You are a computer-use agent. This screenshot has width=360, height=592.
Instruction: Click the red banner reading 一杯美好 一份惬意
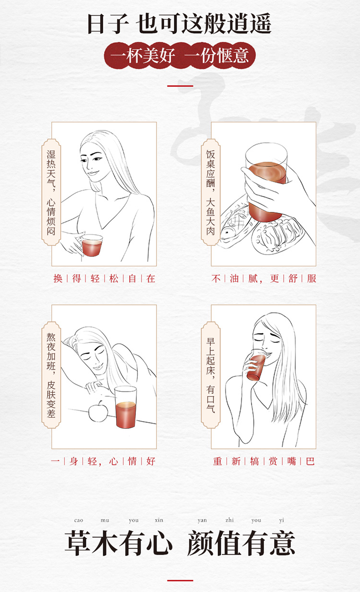click(x=180, y=56)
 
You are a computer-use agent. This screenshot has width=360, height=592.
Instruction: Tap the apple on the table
click(x=98, y=412)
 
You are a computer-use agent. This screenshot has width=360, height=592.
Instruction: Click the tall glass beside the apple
click(x=126, y=407)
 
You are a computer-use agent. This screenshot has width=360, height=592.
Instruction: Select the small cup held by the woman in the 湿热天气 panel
click(x=92, y=245)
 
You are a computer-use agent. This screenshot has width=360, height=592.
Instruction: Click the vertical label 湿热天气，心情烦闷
click(x=51, y=192)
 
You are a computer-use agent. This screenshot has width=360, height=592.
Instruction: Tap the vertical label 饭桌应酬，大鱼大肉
click(x=211, y=192)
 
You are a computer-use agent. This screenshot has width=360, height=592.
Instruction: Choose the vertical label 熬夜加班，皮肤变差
click(x=51, y=375)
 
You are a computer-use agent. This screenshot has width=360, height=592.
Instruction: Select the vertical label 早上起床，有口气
click(x=211, y=375)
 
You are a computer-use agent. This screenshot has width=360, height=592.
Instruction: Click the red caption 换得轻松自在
click(x=104, y=278)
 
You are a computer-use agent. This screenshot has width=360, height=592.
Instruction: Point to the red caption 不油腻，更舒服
click(x=264, y=278)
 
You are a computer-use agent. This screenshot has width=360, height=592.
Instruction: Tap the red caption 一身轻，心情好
click(x=103, y=461)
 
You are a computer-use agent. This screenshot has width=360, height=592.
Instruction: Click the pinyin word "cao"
click(x=79, y=520)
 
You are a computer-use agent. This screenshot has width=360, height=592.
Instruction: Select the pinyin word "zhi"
click(x=229, y=520)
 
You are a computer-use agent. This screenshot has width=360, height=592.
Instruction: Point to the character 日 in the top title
click(x=95, y=24)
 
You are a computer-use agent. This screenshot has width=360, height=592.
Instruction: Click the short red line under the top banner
click(x=180, y=86)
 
